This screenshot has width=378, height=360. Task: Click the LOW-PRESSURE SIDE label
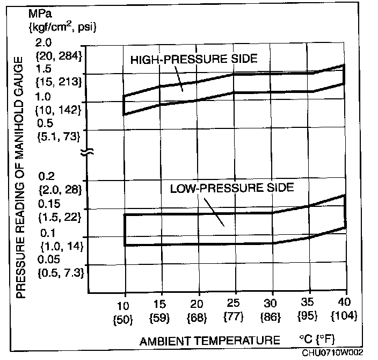pyautogui.click(x=232, y=189)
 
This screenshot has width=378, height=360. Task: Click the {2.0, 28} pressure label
pyautogui.click(x=59, y=189)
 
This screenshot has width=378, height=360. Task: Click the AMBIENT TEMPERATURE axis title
pyautogui.click(x=210, y=341)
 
